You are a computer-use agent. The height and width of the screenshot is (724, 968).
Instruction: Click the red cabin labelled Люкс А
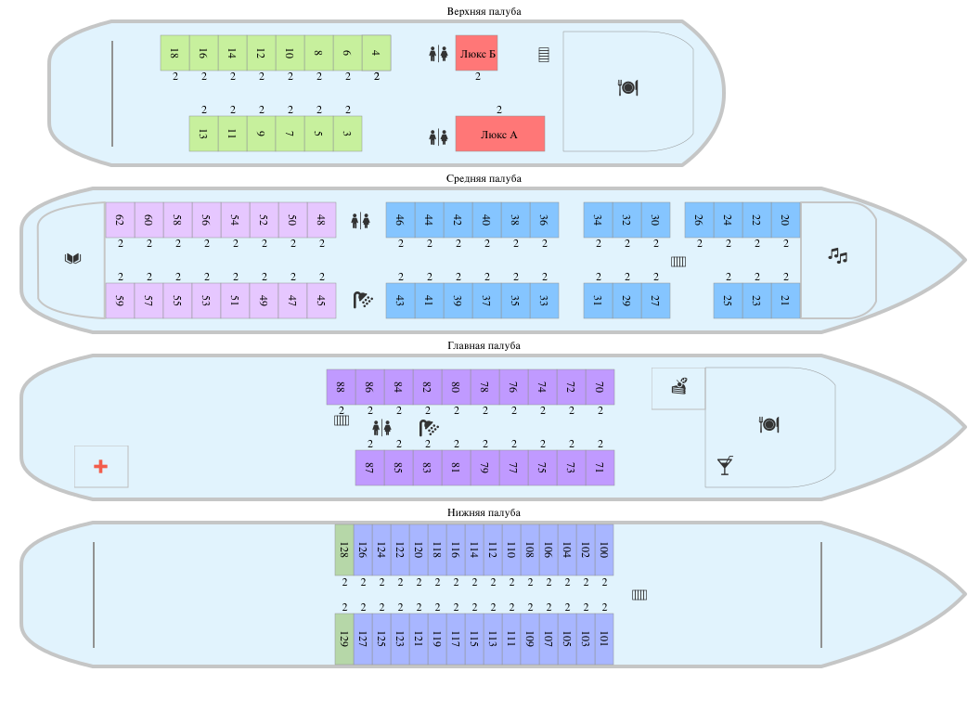500,134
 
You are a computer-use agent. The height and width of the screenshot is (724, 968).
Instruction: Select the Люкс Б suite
477,53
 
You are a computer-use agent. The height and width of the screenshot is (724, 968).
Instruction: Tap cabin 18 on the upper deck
174,53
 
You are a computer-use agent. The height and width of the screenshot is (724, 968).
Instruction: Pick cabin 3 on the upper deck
347,134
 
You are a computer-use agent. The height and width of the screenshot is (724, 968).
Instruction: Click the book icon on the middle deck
72,258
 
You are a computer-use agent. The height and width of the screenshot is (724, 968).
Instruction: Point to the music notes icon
838,255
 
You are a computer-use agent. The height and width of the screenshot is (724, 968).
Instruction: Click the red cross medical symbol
100,467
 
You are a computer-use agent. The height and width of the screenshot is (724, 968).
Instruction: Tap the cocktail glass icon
726,465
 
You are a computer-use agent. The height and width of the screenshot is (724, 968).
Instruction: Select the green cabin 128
344,549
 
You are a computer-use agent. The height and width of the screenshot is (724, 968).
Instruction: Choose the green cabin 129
344,639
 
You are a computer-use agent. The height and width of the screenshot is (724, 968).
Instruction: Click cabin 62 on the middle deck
120,220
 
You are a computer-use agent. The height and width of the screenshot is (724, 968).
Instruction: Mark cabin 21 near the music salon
786,301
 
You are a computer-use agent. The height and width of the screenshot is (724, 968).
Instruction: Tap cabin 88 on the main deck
341,387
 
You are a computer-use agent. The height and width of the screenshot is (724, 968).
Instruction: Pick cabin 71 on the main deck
600,468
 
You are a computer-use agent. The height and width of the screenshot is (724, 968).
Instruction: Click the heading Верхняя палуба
484,11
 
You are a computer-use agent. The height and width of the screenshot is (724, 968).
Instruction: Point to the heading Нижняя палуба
484,512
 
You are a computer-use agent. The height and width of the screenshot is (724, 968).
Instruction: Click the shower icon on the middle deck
363,300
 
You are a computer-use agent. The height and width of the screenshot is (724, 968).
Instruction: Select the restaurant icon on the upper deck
627,87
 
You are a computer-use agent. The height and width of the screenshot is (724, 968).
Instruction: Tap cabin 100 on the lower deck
604,549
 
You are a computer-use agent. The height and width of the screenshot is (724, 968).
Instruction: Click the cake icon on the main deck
679,386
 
